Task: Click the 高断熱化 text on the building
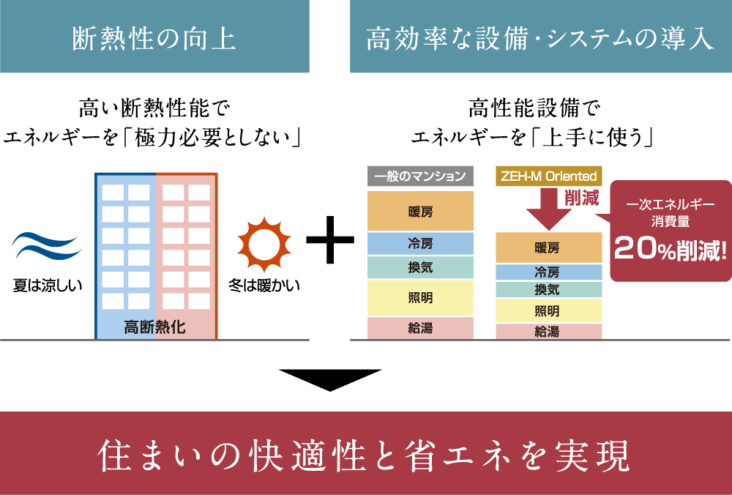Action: pyautogui.click(x=154, y=327)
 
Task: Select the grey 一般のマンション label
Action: pyautogui.click(x=420, y=176)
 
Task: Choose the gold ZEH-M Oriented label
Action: pyautogui.click(x=549, y=176)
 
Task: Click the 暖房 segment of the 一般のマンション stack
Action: pyautogui.click(x=420, y=212)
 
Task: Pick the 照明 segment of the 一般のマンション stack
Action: pyautogui.click(x=420, y=297)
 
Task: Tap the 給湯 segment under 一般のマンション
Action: pyautogui.click(x=420, y=328)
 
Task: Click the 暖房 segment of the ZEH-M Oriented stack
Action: pyautogui.click(x=548, y=247)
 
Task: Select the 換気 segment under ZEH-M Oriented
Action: pyautogui.click(x=548, y=290)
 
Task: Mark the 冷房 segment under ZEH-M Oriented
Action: pyautogui.click(x=548, y=272)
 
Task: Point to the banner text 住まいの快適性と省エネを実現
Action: pyautogui.click(x=365, y=455)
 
